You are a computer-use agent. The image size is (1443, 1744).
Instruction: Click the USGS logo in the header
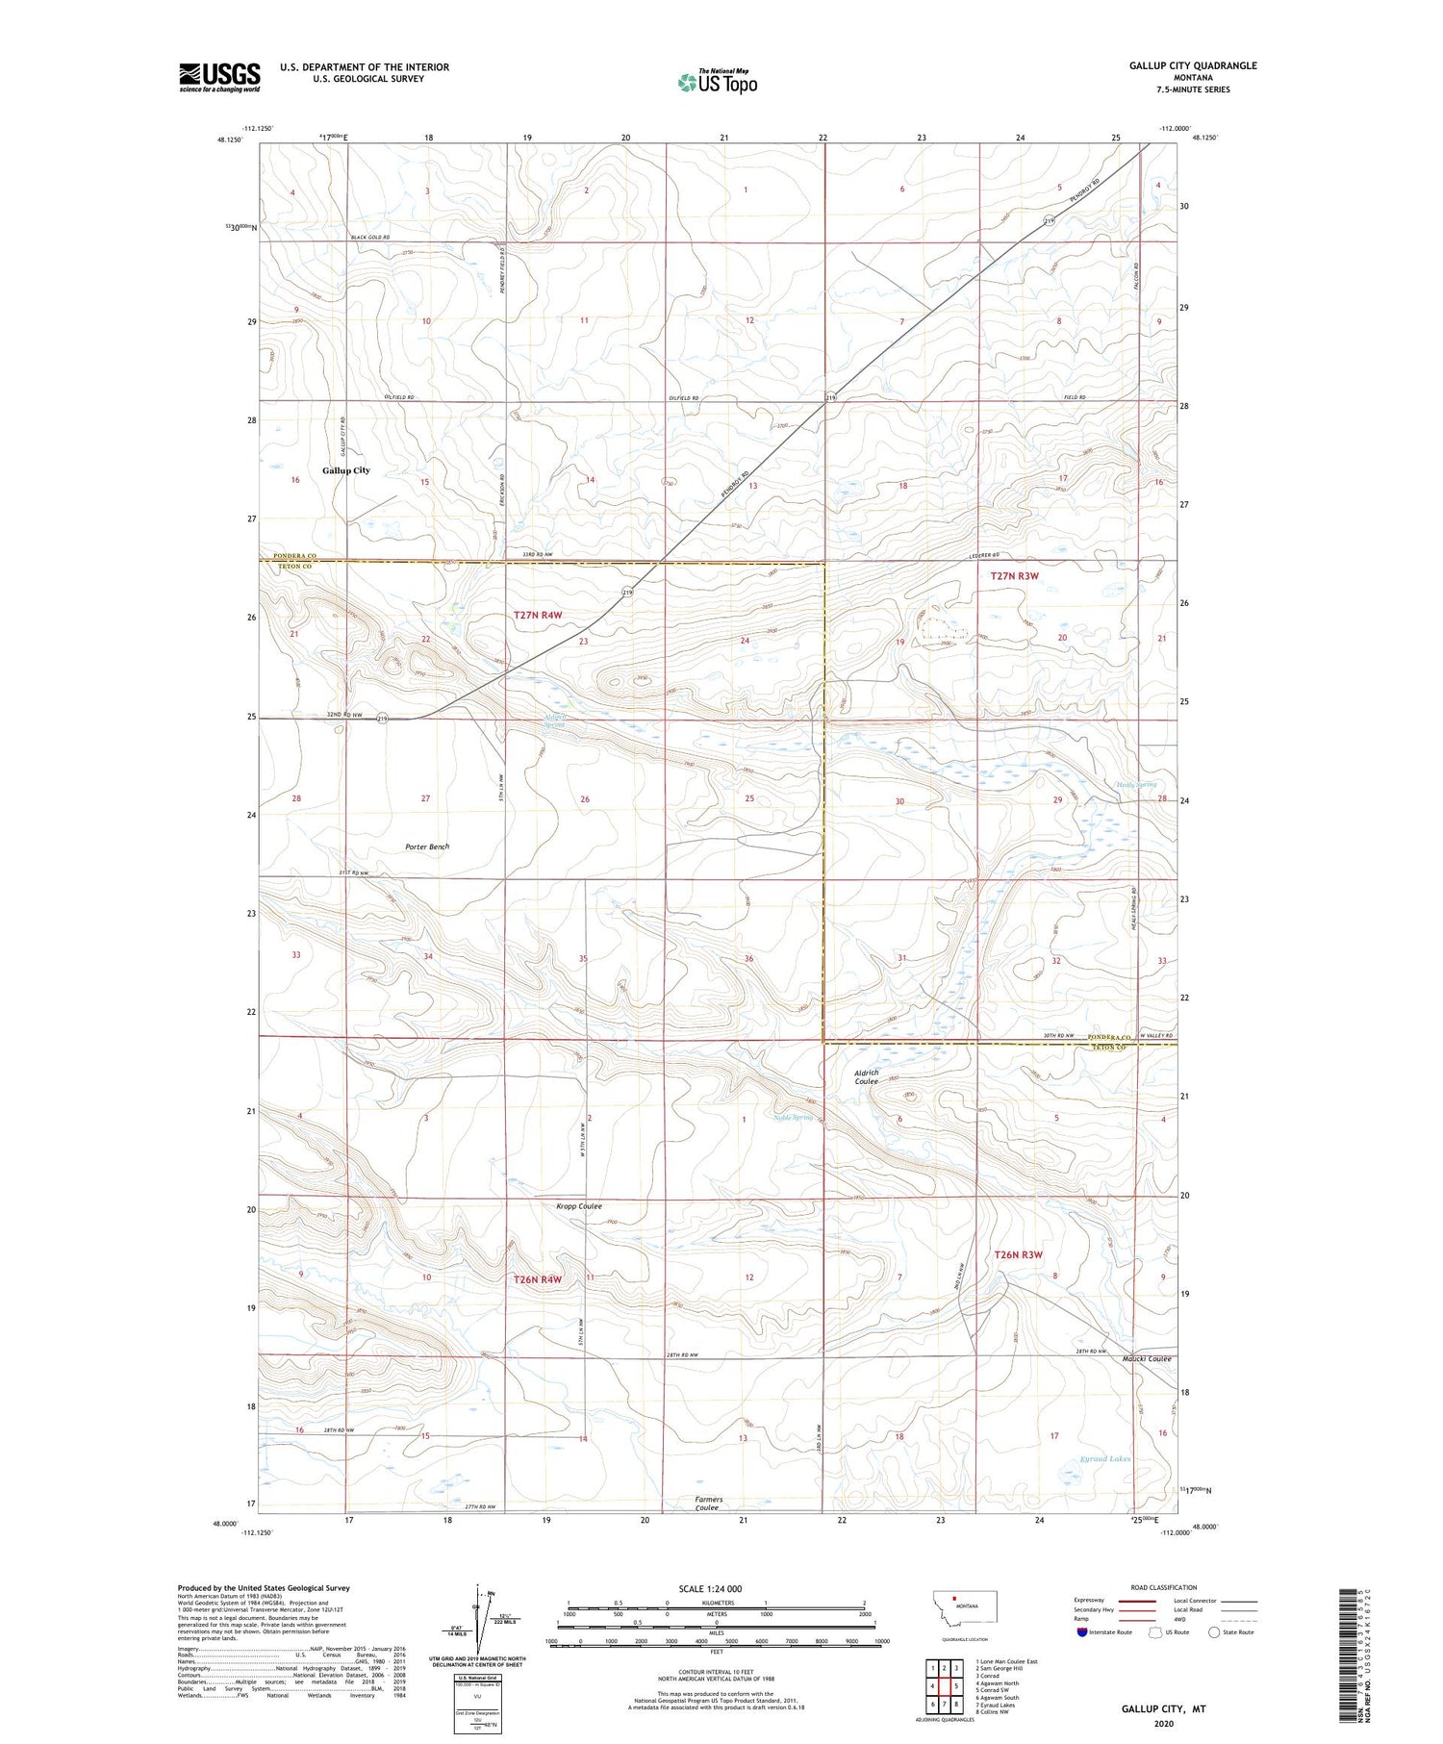[219, 76]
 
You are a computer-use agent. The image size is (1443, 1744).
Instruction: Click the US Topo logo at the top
[718, 82]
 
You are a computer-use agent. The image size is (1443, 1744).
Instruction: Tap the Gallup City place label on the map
[346, 470]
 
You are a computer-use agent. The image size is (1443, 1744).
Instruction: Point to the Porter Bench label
[427, 847]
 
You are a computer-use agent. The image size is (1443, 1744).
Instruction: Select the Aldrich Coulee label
[866, 1076]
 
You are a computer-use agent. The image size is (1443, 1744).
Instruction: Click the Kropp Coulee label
[579, 1206]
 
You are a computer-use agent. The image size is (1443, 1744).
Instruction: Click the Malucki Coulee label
[1146, 1358]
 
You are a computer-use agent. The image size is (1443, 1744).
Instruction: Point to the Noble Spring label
[794, 1118]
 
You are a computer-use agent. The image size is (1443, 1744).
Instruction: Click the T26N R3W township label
[1017, 1254]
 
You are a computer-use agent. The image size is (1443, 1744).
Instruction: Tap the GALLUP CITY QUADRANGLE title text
[1193, 65]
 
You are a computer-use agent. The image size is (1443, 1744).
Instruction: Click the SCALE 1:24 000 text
[710, 1588]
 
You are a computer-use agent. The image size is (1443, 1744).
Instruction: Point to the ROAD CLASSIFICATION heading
[1164, 1587]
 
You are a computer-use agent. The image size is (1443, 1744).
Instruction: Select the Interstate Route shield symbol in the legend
[1081, 1632]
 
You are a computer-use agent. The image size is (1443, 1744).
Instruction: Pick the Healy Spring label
[1136, 785]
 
